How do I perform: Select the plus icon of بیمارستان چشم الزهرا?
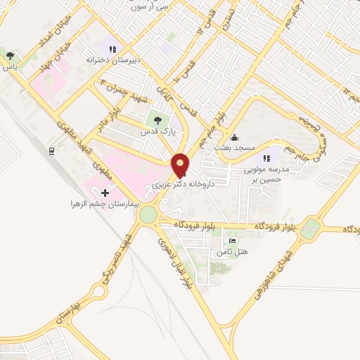(105, 193)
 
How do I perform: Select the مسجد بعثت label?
(239, 148)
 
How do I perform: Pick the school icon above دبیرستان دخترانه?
(111, 49)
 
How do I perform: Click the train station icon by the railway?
(52, 150)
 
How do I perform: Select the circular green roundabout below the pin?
(149, 215)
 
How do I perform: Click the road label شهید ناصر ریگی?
(117, 259)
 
